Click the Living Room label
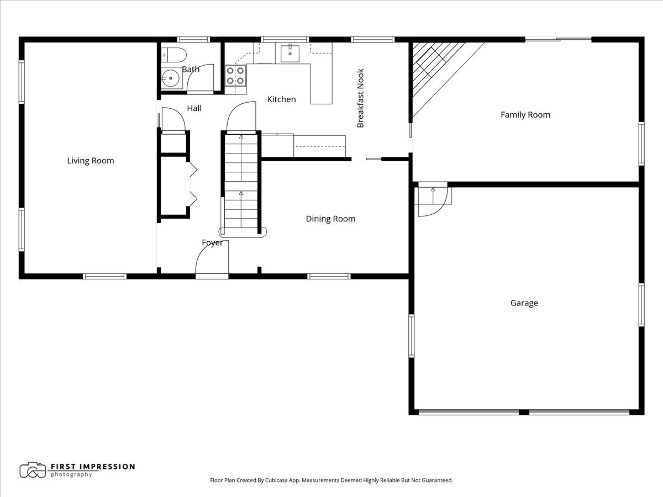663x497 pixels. click(x=91, y=161)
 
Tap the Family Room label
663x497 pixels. click(x=525, y=115)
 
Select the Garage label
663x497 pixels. click(x=524, y=303)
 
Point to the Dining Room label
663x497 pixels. click(x=330, y=219)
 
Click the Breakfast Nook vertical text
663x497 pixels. click(x=360, y=98)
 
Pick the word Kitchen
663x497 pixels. click(x=282, y=99)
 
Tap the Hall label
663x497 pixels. click(x=194, y=108)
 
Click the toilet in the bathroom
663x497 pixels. click(x=173, y=55)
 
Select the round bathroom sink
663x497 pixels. click(x=171, y=78)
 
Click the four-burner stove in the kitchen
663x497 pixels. click(x=235, y=76)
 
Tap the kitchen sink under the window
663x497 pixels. click(x=290, y=53)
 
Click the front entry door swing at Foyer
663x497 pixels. click(x=212, y=257)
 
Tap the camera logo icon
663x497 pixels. click(x=33, y=470)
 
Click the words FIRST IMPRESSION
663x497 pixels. click(x=93, y=467)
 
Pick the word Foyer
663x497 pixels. click(x=213, y=242)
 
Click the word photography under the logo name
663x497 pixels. click(x=71, y=474)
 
